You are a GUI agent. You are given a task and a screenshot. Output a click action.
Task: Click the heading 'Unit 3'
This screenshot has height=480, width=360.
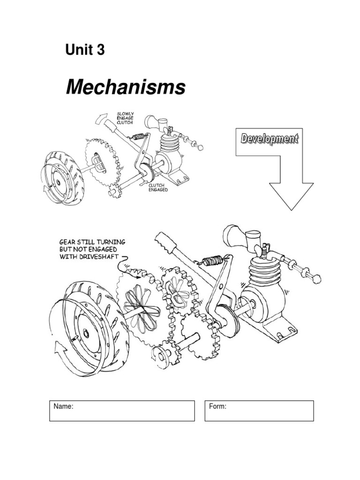pos(85,50)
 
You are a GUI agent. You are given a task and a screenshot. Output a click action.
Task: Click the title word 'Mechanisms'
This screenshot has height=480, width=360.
pos(125,87)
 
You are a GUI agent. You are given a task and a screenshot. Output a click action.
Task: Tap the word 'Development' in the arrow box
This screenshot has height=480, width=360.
pos(269,138)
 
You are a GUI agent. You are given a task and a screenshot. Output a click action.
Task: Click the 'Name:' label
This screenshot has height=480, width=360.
pos(64,407)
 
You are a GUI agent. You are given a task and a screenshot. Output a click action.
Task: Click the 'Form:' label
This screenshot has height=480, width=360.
pos(218,407)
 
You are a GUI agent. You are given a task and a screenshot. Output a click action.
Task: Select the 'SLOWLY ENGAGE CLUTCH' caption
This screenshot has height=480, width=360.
pos(125,118)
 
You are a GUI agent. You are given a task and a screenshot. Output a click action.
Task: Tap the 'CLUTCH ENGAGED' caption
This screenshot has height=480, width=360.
pos(158,188)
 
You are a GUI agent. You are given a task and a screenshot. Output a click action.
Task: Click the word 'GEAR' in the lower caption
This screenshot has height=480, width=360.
pos(67,242)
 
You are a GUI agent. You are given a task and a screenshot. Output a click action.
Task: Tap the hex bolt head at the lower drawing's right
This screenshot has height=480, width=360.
pos(316,279)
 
